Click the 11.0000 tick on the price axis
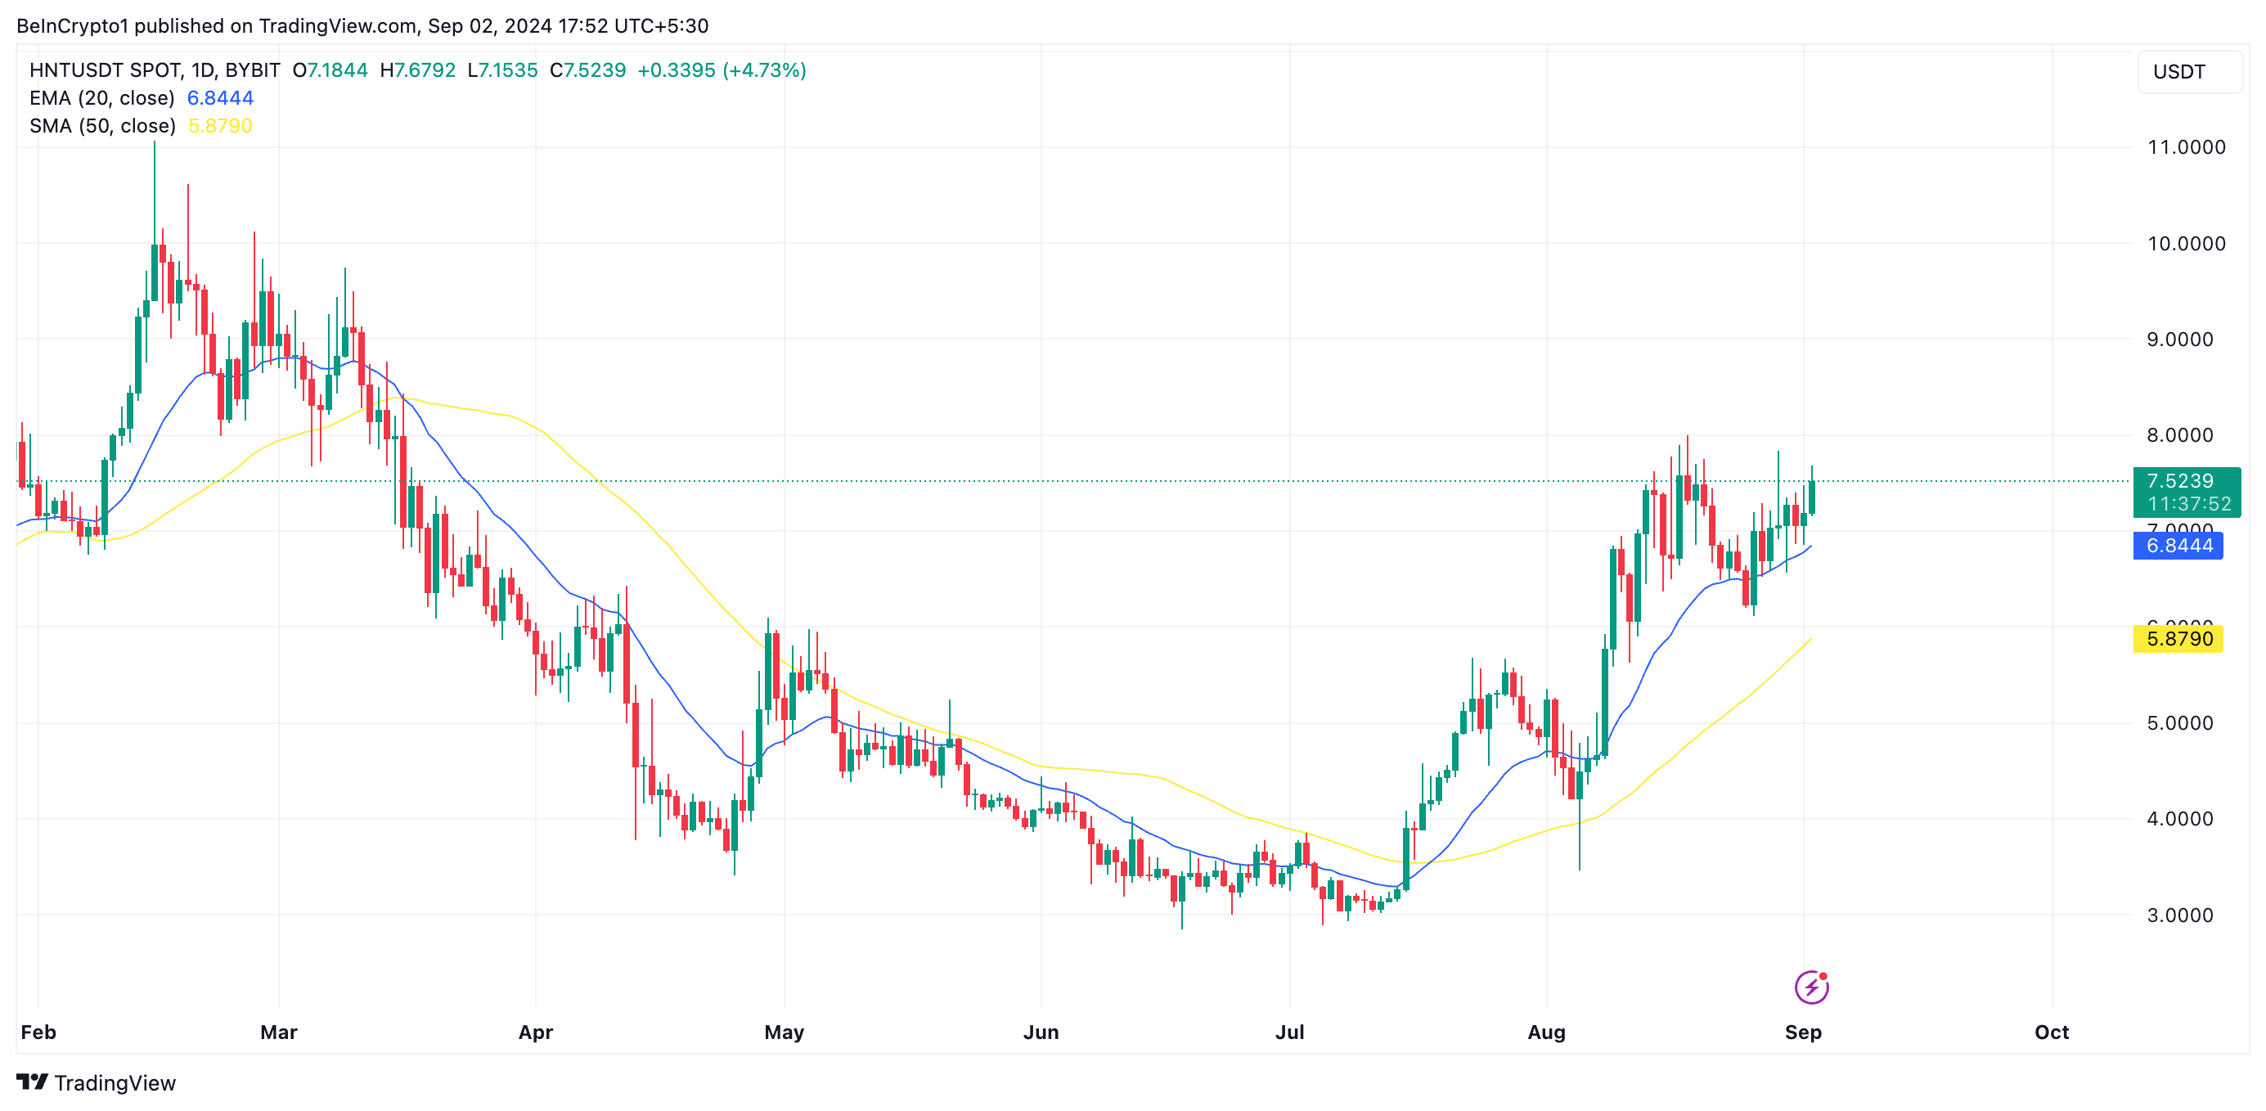point(2185,147)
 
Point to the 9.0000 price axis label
point(2179,340)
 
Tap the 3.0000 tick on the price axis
point(2179,915)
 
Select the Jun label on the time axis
point(1041,1032)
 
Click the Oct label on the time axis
point(2051,1032)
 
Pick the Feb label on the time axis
point(38,1032)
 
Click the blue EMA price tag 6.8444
point(2178,546)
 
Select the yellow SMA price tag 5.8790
point(2178,639)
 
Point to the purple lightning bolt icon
point(1811,987)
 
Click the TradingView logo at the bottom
point(96,1083)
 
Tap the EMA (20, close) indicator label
point(102,97)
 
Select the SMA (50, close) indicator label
point(102,126)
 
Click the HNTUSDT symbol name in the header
point(78,70)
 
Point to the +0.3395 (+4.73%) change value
point(722,70)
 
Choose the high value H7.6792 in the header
point(417,70)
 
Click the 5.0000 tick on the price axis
point(2179,723)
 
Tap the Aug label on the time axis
point(1545,1032)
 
